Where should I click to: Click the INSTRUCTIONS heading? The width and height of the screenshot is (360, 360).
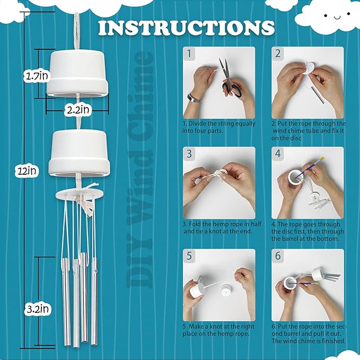point(186,27)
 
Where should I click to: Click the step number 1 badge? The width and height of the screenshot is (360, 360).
point(189,54)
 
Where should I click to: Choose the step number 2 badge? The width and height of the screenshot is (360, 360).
point(278,54)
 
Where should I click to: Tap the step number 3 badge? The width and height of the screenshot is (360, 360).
point(189,153)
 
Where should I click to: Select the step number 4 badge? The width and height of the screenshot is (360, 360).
point(278,153)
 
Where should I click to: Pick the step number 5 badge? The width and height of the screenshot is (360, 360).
point(189,256)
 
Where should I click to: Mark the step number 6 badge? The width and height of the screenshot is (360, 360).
point(278,256)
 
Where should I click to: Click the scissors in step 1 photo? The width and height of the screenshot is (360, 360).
point(231,80)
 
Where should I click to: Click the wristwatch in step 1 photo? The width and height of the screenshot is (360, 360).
point(195,98)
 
